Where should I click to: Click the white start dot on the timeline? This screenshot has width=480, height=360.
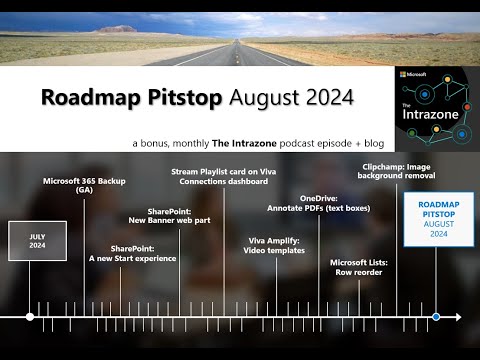[x=30, y=317]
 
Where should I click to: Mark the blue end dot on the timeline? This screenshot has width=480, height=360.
[x=436, y=317]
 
